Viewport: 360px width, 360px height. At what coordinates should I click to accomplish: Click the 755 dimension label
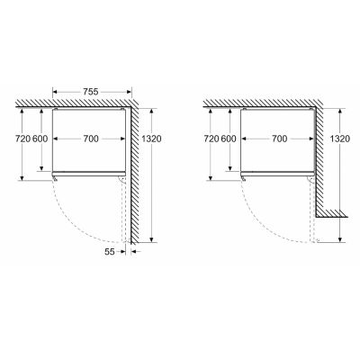click(x=90, y=92)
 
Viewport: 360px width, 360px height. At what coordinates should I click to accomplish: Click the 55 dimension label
click(x=110, y=251)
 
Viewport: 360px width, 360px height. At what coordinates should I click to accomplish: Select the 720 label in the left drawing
click(x=23, y=139)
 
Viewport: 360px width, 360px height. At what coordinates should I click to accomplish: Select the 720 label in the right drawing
click(x=211, y=139)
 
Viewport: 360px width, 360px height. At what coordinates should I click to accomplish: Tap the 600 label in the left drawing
click(x=40, y=139)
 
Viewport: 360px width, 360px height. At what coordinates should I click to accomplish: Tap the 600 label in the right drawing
click(x=229, y=139)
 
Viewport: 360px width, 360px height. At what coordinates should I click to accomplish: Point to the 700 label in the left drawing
click(x=91, y=139)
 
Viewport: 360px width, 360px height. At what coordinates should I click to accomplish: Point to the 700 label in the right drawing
click(x=279, y=139)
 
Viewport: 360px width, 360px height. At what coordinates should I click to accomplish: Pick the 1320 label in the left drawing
click(x=151, y=139)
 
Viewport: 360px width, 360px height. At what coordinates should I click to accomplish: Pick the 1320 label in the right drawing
click(x=339, y=139)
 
